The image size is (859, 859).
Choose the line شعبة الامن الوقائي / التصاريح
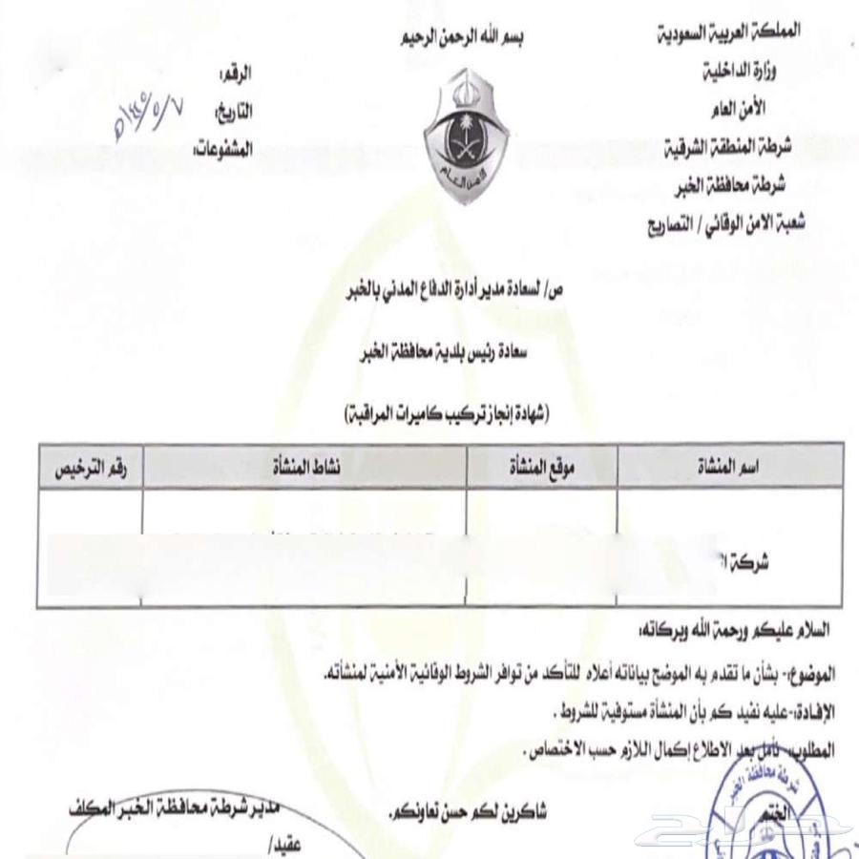tap(727, 225)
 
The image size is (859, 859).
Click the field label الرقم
tap(237, 73)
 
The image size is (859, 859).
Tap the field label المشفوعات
tap(223, 149)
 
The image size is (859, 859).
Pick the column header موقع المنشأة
tap(541, 466)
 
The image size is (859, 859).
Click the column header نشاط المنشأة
tap(304, 466)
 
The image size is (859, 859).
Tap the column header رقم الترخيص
tap(90, 466)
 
